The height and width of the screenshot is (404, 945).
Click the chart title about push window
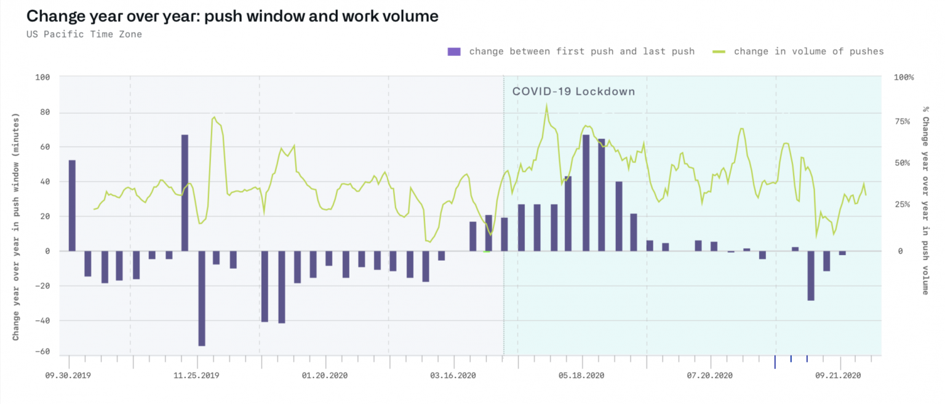click(232, 16)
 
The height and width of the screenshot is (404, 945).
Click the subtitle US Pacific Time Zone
click(84, 34)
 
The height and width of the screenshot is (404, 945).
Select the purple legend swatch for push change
click(454, 52)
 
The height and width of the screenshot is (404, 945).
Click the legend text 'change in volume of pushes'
click(808, 52)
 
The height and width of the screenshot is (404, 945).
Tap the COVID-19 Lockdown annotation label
click(573, 92)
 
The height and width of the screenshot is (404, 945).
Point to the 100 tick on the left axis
click(42, 77)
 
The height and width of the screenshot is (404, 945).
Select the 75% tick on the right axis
click(903, 122)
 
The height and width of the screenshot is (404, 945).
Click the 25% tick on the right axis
click(903, 205)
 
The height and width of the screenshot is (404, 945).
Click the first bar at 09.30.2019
click(72, 205)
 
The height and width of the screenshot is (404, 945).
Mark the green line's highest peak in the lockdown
click(546, 106)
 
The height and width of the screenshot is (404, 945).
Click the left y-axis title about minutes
click(16, 226)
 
